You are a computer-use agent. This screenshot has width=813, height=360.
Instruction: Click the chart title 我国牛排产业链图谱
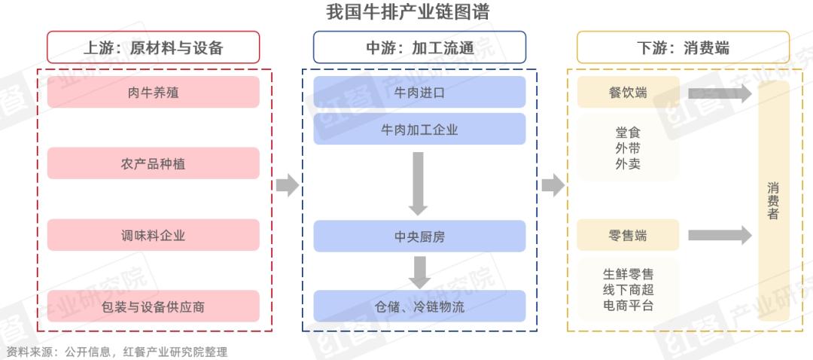coord(407,12)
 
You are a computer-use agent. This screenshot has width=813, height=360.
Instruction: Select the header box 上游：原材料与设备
coord(153,47)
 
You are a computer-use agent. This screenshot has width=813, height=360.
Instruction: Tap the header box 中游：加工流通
coord(419,47)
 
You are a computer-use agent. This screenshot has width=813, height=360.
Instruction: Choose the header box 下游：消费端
coord(683,47)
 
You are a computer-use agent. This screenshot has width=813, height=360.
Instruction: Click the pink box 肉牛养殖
coord(153,93)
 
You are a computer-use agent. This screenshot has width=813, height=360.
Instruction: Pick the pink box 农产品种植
coord(153,163)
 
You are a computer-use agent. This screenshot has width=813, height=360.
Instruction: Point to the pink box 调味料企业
coord(153,235)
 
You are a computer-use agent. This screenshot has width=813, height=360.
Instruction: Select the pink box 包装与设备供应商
coord(153,306)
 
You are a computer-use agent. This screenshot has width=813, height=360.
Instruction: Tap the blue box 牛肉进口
coord(419,93)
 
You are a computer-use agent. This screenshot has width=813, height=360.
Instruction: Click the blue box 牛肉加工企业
coord(419,130)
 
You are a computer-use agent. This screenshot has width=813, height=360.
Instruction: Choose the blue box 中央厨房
coord(419,236)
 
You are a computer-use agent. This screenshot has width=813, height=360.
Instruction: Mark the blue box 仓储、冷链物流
coord(419,306)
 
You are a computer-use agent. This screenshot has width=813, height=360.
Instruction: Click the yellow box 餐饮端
coord(628,93)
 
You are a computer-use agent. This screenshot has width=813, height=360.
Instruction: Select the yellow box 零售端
coord(628,235)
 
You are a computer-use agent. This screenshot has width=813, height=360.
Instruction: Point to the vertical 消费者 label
coord(773,201)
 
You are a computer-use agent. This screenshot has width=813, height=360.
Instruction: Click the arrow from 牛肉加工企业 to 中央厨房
coord(418,184)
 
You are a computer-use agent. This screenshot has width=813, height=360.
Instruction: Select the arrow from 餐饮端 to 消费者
coord(720,93)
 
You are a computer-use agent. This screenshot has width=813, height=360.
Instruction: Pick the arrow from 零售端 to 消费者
coord(720,235)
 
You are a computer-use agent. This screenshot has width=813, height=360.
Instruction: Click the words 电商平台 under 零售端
coord(628,305)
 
